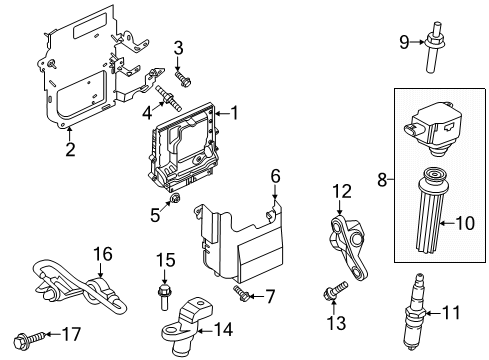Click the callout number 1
237,113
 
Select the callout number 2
70,151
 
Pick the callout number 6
276,176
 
